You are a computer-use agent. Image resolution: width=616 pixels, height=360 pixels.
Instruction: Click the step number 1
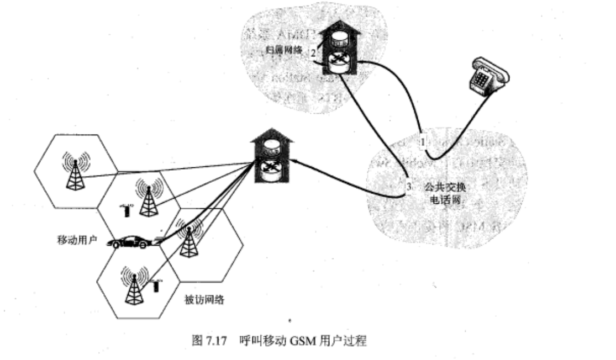point(423,142)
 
